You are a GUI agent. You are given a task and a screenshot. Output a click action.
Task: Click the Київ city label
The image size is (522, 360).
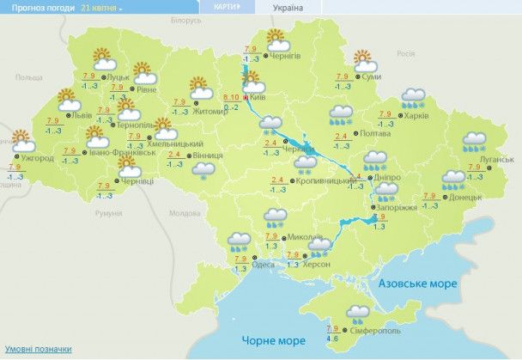[x=258, y=98]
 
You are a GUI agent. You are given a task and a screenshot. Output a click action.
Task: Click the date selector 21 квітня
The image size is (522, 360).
[x=101, y=7]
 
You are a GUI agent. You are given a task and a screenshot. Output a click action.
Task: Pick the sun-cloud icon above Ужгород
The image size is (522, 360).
[x=24, y=140]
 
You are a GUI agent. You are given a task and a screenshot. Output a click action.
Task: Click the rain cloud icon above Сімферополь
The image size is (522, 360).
[x=357, y=313]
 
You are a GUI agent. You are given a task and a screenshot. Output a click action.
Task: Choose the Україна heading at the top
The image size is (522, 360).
[x=287, y=7]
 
